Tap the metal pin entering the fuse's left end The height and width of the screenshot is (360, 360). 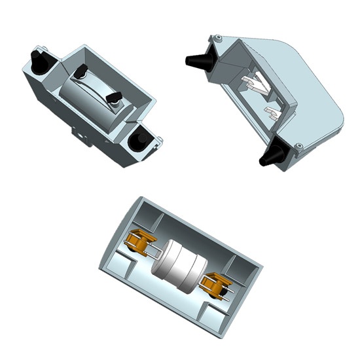tap(155, 251)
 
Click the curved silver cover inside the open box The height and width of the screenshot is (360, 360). tap(92, 98)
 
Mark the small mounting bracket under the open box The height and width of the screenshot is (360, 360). tap(82, 136)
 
